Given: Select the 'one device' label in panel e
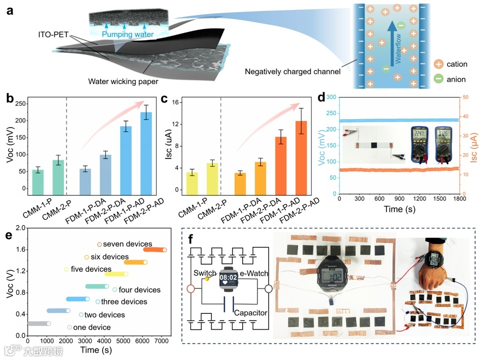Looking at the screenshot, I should [92, 327].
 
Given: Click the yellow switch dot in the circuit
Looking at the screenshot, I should [207, 279].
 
